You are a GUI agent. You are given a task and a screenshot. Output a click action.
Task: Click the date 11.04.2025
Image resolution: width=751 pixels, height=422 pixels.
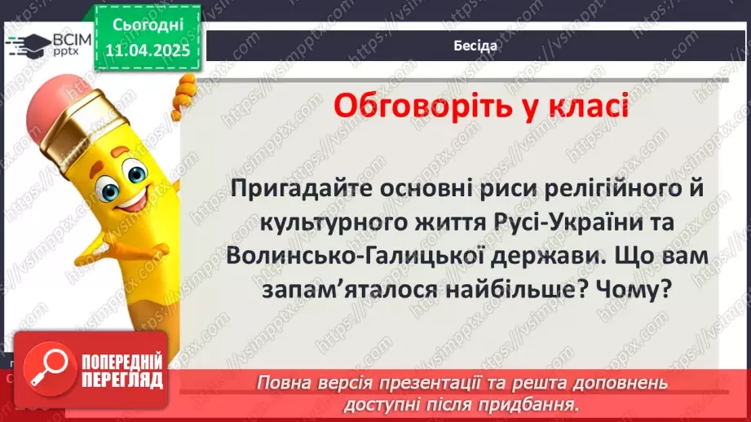(x=148, y=50)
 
